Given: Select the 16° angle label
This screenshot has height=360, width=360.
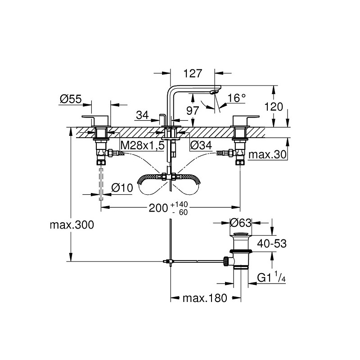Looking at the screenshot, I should pyautogui.click(x=237, y=98).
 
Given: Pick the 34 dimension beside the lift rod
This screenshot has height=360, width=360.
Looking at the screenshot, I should pyautogui.click(x=142, y=115).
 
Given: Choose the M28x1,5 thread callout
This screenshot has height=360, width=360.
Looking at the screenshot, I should pyautogui.click(x=142, y=145).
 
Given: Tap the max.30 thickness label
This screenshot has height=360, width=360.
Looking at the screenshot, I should pyautogui.click(x=268, y=155).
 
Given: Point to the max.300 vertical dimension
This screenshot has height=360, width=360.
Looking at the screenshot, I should pyautogui.click(x=72, y=225).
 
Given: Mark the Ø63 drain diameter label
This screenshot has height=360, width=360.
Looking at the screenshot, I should pyautogui.click(x=240, y=222).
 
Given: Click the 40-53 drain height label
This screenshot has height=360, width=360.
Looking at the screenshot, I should pyautogui.click(x=272, y=243).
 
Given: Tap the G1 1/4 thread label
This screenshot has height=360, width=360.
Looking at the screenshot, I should pyautogui.click(x=272, y=278).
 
